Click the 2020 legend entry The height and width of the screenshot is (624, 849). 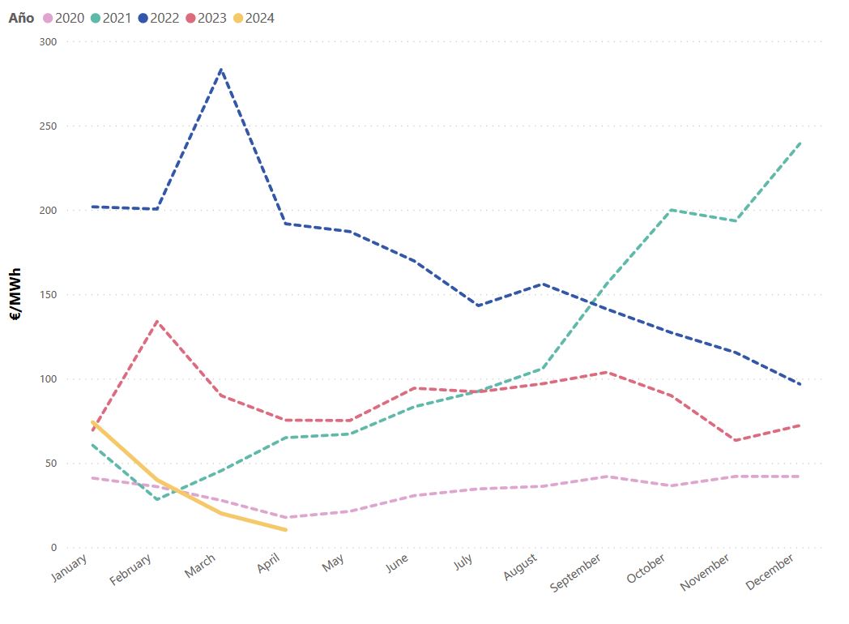pyautogui.click(x=63, y=18)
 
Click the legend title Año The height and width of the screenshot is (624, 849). pyautogui.click(x=21, y=18)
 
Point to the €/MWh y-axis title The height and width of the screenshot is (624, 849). pyautogui.click(x=16, y=295)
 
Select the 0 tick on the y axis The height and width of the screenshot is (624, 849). pyautogui.click(x=53, y=548)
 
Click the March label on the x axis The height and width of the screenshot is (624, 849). pyautogui.click(x=200, y=565)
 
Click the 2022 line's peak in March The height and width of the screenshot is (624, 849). pyautogui.click(x=220, y=69)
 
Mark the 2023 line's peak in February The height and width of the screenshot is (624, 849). pyautogui.click(x=156, y=322)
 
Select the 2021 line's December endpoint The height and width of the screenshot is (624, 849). pyautogui.click(x=800, y=143)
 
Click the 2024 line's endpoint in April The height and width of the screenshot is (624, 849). pyautogui.click(x=284, y=530)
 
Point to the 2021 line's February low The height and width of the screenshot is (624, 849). pyautogui.click(x=156, y=499)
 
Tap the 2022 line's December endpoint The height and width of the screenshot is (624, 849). pyautogui.click(x=800, y=385)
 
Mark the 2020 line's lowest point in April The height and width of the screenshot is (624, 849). pyautogui.click(x=284, y=517)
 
